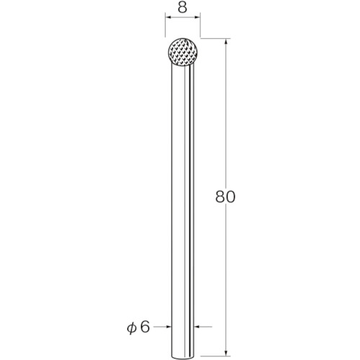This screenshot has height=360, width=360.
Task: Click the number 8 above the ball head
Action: click(x=182, y=8)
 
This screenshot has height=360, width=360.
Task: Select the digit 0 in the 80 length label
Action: click(x=230, y=197)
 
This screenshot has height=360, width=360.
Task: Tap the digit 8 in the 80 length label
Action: click(x=220, y=197)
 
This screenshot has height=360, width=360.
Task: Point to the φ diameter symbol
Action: click(x=132, y=328)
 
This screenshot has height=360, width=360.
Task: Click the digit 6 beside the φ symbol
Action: click(x=145, y=327)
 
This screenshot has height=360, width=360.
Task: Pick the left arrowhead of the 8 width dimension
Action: click(x=168, y=17)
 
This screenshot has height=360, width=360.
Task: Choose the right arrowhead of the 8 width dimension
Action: click(x=197, y=17)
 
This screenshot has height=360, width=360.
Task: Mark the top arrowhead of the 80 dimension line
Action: click(x=225, y=41)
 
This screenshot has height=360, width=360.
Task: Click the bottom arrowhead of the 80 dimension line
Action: click(x=225, y=353)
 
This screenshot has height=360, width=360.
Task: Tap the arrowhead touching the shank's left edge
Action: click(x=169, y=327)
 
